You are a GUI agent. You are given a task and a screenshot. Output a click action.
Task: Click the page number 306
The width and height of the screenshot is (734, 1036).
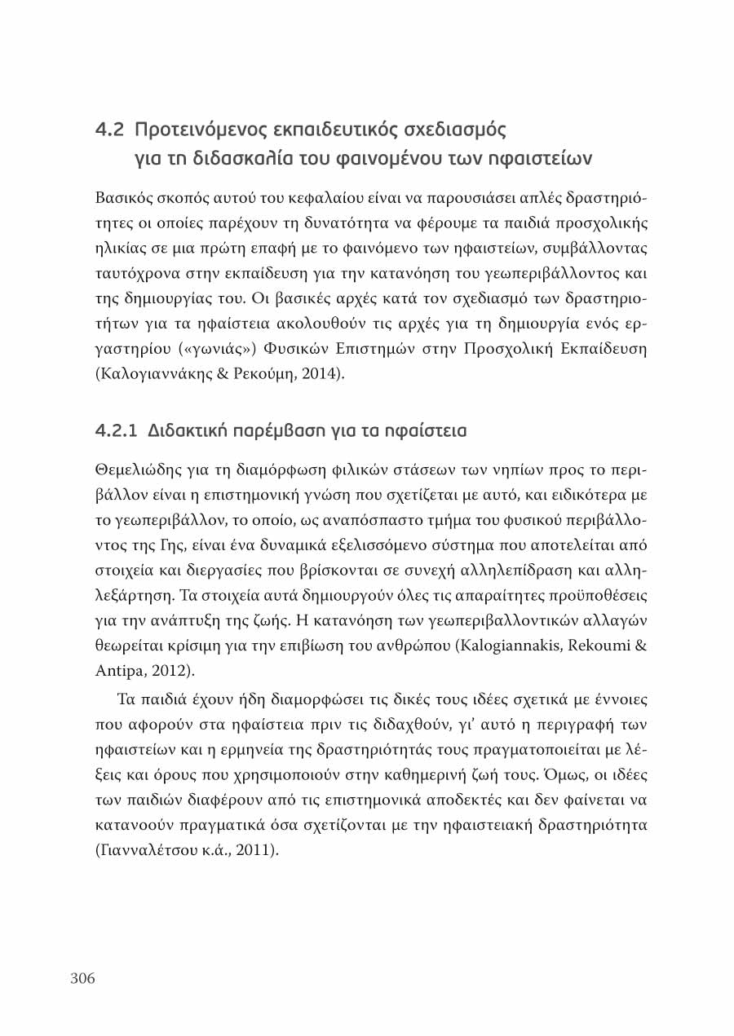[x=82, y=978]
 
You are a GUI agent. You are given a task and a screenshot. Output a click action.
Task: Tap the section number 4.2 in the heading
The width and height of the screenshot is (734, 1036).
[x=109, y=130]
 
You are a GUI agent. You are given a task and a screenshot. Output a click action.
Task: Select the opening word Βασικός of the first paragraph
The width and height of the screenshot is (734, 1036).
[x=122, y=199]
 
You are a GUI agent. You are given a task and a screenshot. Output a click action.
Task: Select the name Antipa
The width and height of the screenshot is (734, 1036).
[x=117, y=672]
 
